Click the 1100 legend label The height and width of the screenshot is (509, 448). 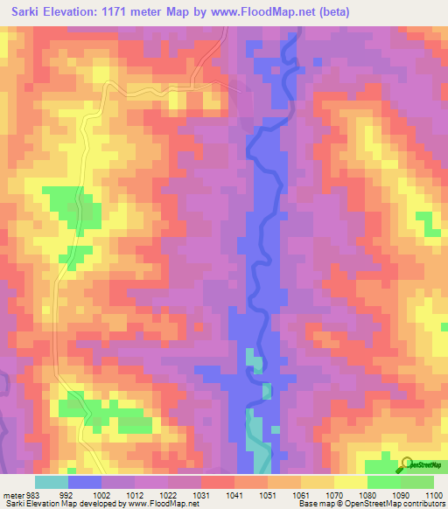coord(434,495)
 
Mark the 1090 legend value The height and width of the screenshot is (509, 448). coord(402,495)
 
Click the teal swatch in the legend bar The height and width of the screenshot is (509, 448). coord(52,482)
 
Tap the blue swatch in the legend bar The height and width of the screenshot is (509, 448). coord(85,482)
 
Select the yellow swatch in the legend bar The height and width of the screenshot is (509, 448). coord(351,482)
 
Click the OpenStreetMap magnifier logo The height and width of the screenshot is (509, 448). coord(407,464)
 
